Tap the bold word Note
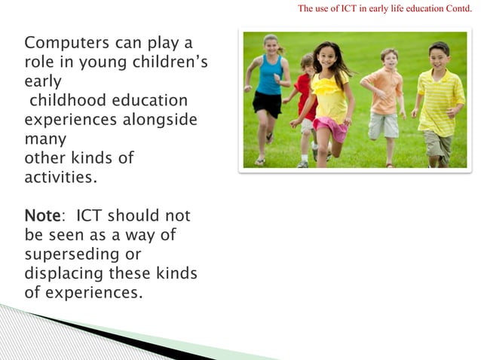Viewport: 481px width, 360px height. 42,217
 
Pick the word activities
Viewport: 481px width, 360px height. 61,178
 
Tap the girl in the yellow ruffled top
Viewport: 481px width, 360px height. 329,98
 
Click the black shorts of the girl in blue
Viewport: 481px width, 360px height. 268,102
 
